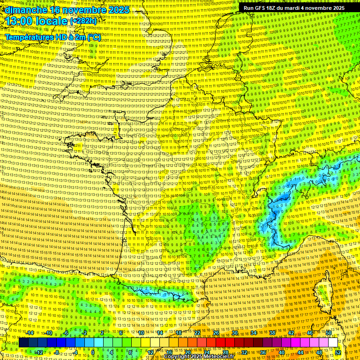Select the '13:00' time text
pos(19,21)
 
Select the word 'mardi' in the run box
pos(294,8)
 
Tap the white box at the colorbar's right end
pos(333,343)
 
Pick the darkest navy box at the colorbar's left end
pos(24,343)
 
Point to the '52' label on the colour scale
pos(338,352)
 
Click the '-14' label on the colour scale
pos(30,333)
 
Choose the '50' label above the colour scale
pos(329,333)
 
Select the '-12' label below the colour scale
pos(39,352)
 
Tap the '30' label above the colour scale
pos(235,333)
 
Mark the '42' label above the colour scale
pos(291,333)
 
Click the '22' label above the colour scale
pos(197,333)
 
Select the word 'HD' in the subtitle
pos(59,37)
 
